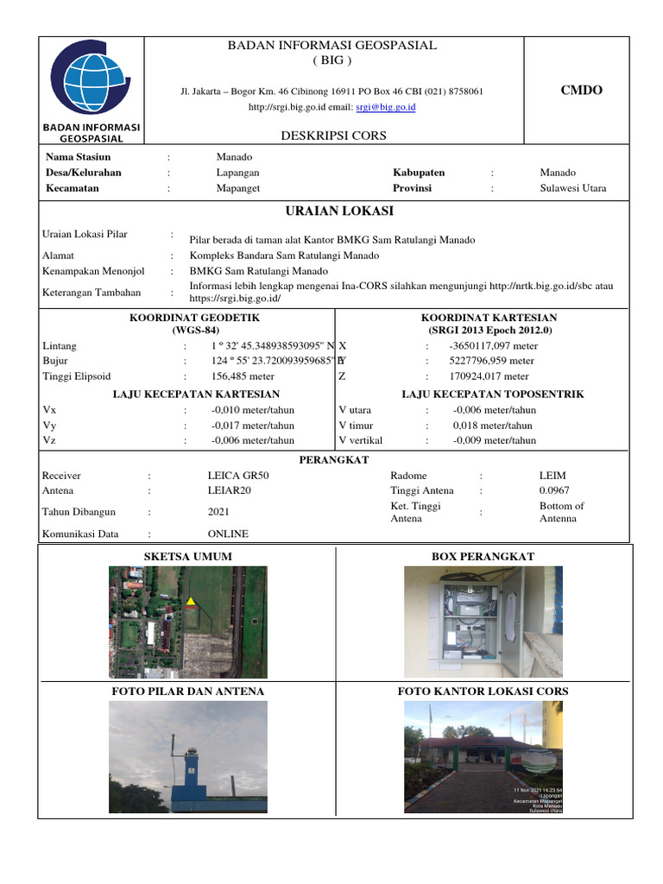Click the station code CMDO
coord(581,91)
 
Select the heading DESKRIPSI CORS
coord(333,136)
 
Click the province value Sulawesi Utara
coord(572,188)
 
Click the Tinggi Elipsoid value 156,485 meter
coord(243,376)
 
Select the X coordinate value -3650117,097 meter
coord(493,345)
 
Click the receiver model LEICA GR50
coord(238,476)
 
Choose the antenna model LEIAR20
coord(230,490)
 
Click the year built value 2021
coord(218,512)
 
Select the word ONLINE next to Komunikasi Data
coord(227,534)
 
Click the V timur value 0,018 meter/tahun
coord(492,426)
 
